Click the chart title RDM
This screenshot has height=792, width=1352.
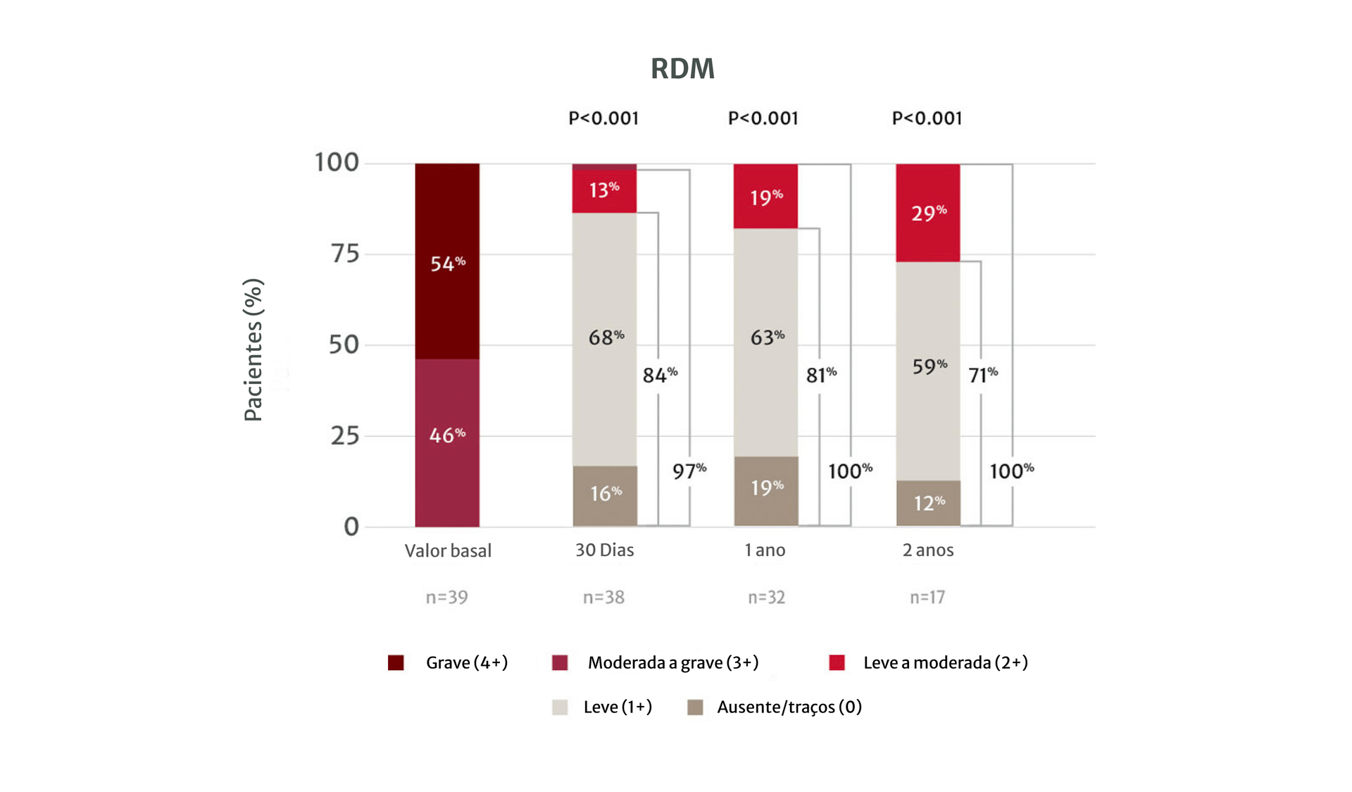(x=682, y=69)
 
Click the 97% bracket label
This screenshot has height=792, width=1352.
(x=689, y=471)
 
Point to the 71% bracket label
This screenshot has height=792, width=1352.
(x=982, y=374)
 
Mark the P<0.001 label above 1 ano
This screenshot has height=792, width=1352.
(x=763, y=118)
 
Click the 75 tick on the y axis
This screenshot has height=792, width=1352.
(x=345, y=254)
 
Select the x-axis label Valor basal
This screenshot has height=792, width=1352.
(x=448, y=550)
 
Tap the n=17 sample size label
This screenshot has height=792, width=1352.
(x=927, y=598)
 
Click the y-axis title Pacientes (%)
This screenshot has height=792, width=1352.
(x=253, y=350)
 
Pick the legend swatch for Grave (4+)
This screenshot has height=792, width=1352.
(x=396, y=662)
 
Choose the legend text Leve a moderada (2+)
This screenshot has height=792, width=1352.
(x=945, y=662)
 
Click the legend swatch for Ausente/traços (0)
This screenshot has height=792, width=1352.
(x=695, y=707)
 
